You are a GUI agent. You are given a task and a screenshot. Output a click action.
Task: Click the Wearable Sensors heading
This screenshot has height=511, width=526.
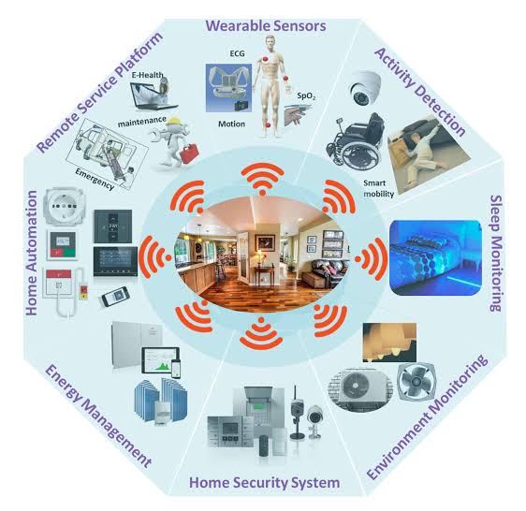pos(266,26)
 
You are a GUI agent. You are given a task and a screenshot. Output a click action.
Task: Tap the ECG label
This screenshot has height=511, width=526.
pos(237,53)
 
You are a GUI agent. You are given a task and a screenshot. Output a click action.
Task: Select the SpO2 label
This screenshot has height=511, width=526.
pos(306,96)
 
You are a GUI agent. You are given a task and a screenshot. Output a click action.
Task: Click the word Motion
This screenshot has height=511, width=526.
pos(231,124)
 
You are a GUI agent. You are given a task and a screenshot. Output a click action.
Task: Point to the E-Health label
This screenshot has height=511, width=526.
pos(147,75)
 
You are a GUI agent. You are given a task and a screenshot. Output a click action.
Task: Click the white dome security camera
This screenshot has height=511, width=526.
pos(365,88)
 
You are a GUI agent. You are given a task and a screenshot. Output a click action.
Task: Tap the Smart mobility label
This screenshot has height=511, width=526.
pos(379,188)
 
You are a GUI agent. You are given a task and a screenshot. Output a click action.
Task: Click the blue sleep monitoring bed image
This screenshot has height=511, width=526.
pos(435,257)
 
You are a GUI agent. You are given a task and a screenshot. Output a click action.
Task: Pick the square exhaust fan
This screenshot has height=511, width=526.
pos(416,382)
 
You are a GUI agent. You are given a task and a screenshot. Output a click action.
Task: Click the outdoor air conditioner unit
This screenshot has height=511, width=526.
pos(359,389)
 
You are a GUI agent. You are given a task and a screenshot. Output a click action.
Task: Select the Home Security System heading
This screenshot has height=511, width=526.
pos(264,483)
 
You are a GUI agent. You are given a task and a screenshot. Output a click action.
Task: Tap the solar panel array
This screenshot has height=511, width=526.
pos(161,400)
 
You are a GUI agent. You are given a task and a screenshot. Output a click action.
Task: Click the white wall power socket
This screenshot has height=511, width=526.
pos(65,206)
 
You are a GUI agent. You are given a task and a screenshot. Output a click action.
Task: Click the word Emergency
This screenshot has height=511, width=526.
pos(95,179)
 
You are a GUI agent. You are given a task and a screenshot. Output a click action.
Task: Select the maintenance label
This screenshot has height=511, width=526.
pos(142,122)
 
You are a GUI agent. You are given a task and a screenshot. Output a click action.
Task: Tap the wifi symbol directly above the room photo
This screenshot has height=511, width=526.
pos(263,178)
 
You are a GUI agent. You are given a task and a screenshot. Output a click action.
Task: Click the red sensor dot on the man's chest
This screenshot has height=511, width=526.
pos(266,60)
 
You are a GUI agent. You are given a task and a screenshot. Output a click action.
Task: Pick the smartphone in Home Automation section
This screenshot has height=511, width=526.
pos(115,297)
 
